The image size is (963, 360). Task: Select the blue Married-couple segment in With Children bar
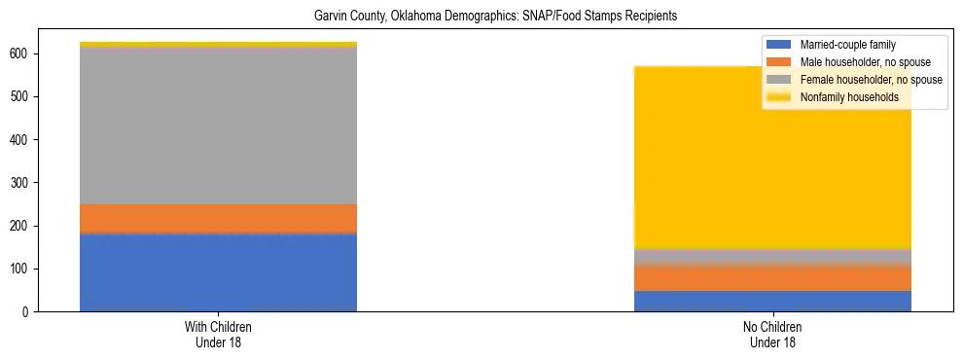tap(218, 271)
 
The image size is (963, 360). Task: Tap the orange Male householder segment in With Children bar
tap(218, 219)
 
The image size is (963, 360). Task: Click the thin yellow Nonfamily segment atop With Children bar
tap(218, 45)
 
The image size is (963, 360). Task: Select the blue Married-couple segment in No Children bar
tap(772, 301)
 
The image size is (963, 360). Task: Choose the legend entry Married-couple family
tap(847, 45)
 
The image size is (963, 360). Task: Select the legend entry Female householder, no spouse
tap(870, 80)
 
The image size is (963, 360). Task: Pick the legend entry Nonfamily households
tap(849, 97)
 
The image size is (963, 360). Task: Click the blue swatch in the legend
tap(780, 45)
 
